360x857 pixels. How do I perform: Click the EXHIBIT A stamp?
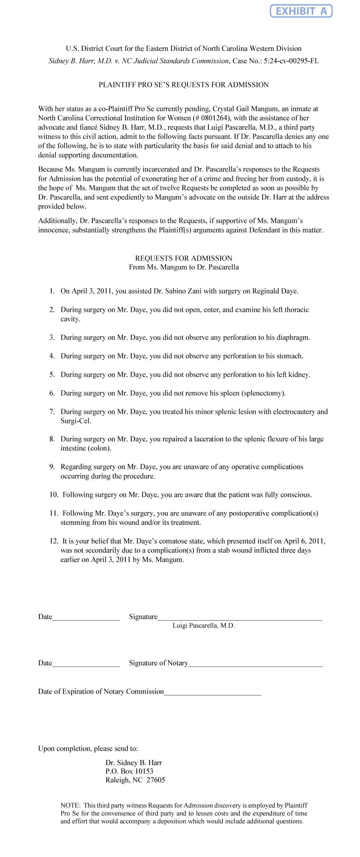pos(301,11)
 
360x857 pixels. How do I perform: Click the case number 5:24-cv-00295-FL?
pos(291,61)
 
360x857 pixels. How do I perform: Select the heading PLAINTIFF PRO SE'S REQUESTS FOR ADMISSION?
pos(183,85)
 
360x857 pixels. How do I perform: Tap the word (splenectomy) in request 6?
pos(263,394)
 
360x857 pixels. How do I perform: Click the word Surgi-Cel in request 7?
pos(76,421)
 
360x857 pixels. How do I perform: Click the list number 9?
pos(52,467)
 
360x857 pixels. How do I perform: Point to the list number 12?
pos(54,541)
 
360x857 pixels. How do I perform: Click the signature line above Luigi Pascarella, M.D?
pos(240,619)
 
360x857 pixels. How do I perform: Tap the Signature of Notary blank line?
pos(255,666)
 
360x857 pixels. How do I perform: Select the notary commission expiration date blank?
pos(212,694)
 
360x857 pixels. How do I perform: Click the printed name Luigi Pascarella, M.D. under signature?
pos(203,626)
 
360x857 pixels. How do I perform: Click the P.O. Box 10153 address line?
pos(129,771)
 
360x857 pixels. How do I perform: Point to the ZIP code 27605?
pos(156,780)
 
